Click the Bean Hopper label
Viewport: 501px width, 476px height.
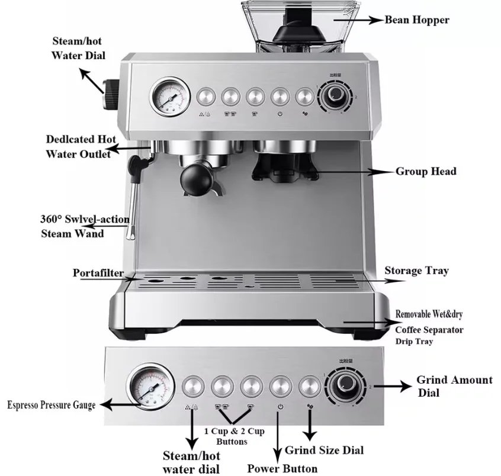click(x=417, y=20)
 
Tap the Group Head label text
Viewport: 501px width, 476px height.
click(x=426, y=172)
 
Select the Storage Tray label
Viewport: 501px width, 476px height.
click(x=416, y=271)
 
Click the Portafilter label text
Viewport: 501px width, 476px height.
click(x=99, y=273)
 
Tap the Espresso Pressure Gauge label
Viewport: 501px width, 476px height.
click(x=51, y=406)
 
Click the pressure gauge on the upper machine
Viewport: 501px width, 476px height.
click(x=168, y=97)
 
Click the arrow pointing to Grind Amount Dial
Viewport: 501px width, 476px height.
click(x=391, y=385)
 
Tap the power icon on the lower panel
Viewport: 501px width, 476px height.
click(x=280, y=407)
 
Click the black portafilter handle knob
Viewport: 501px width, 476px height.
click(x=197, y=178)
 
